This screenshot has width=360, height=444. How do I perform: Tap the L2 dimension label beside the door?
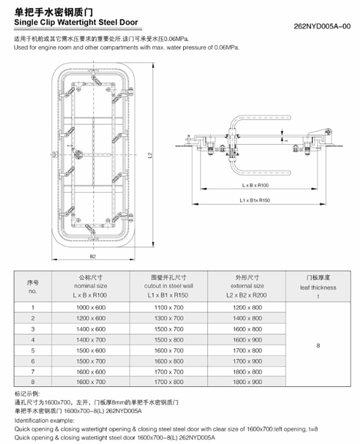click(150, 155)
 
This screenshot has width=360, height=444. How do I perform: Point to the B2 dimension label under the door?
click(93, 257)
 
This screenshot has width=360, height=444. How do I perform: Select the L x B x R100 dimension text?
click(255, 185)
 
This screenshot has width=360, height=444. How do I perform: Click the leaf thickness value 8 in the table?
click(318, 346)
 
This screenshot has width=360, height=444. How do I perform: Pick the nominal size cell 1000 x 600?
click(90, 308)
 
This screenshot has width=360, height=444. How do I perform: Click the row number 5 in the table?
click(33, 350)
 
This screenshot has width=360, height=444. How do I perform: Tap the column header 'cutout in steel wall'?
click(169, 286)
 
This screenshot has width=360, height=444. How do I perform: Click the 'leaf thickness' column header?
click(318, 287)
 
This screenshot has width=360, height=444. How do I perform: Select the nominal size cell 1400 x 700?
click(90, 340)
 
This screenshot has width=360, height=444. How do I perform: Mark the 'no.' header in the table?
click(33, 292)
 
